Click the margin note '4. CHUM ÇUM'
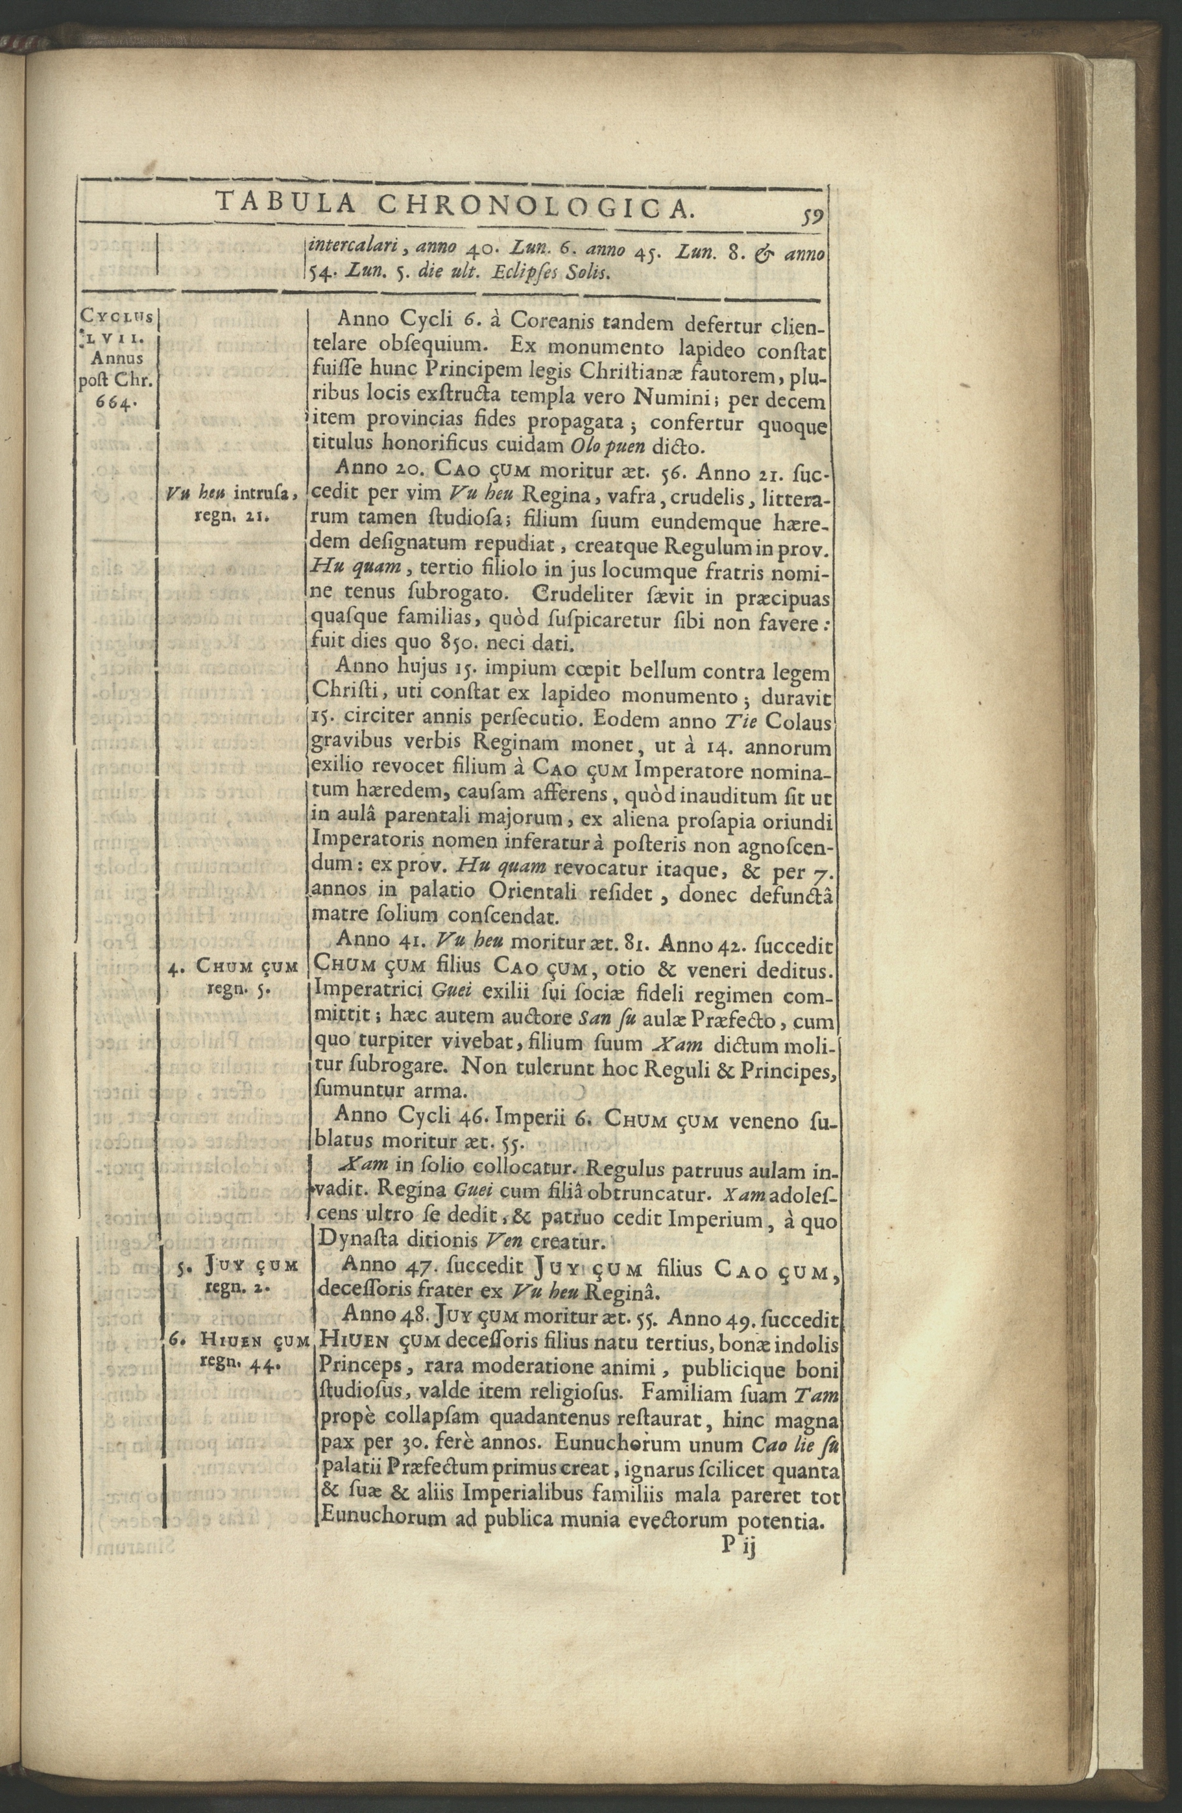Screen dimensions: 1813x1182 tap(233, 967)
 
